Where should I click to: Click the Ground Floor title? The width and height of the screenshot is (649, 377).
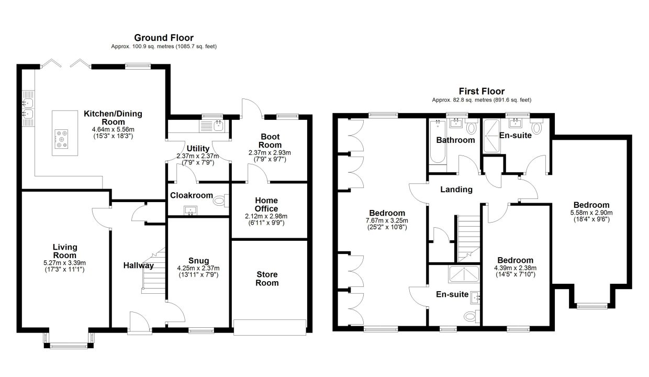coord(164,38)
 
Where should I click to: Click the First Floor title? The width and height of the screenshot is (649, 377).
coord(482,91)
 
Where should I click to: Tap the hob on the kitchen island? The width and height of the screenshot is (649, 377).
coord(61,139)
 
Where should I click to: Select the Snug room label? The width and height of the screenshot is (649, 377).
coord(198,261)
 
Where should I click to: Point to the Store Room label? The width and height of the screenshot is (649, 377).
coord(267,279)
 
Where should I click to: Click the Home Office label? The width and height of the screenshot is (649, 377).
coord(266,204)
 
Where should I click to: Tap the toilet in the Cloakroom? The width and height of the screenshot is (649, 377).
coord(221,200)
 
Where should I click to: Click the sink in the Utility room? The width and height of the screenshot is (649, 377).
coord(218,126)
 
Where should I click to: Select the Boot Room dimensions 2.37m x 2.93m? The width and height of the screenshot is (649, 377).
coord(270,153)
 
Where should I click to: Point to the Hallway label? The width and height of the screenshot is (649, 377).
coord(139,265)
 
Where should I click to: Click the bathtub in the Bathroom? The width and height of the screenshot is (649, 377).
coord(438,142)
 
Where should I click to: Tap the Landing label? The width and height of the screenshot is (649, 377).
coord(456,190)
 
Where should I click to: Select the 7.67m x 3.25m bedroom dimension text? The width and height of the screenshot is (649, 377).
coord(387,220)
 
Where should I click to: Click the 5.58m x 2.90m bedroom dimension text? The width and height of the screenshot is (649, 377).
coord(591,213)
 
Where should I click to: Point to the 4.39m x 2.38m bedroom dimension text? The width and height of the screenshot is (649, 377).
coord(515,268)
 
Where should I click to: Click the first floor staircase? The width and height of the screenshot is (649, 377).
coord(468,239)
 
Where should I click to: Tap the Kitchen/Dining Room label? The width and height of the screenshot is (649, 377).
coord(113,118)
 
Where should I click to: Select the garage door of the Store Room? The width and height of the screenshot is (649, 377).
coord(270,327)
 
